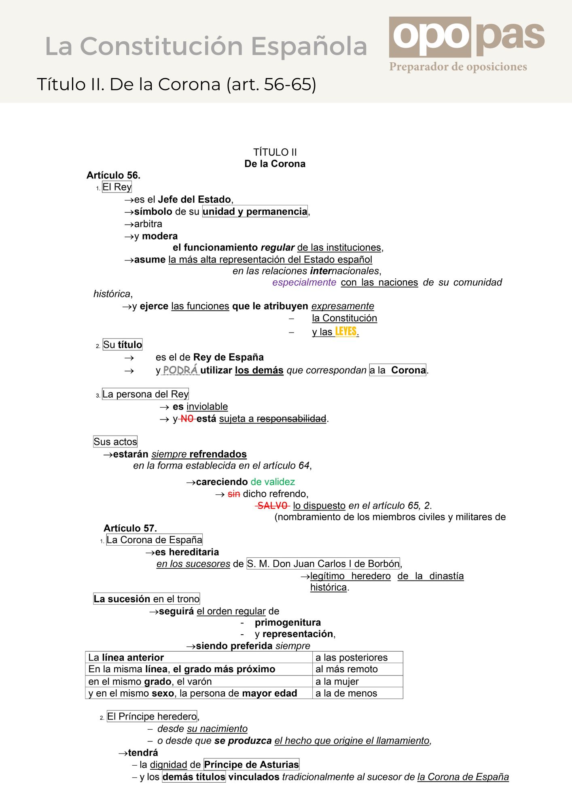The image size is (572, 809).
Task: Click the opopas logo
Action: point(467,37)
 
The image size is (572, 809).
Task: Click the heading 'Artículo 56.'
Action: point(113,175)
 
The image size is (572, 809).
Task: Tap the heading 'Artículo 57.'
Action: point(130,528)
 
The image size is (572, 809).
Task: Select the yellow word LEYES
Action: point(346,331)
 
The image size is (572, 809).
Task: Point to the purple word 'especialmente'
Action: point(304,282)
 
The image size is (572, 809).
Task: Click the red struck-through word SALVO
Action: point(273,506)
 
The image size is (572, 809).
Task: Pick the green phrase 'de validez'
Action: point(273,482)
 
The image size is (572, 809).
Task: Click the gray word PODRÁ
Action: point(180,370)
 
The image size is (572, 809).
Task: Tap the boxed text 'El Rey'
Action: point(117,187)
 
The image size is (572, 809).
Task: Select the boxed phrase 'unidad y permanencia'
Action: point(255,212)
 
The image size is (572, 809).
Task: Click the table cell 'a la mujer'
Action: point(358,682)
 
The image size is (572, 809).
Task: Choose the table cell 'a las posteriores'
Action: point(358,657)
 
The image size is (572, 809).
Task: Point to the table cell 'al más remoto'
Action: point(358,669)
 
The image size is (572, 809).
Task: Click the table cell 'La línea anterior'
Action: point(198,657)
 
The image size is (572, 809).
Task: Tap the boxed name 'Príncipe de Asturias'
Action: point(251,765)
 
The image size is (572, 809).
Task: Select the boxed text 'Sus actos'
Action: point(115,442)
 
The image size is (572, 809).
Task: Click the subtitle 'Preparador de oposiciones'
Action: point(458,67)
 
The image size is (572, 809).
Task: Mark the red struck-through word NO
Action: point(187,419)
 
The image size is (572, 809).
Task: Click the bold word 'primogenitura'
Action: point(288,623)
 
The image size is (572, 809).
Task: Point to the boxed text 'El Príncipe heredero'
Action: point(152,716)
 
